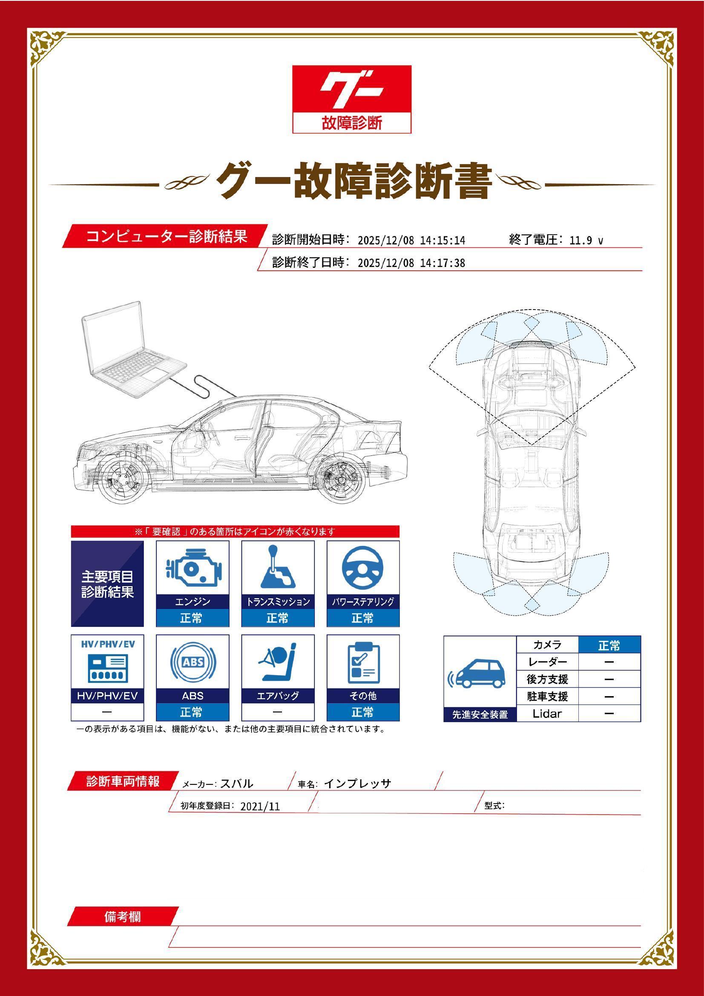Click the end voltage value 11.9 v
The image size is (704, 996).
click(586, 241)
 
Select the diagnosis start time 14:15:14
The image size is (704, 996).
click(443, 241)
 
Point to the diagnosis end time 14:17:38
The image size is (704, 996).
click(443, 263)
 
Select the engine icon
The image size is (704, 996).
click(192, 567)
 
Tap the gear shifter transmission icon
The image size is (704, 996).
click(277, 567)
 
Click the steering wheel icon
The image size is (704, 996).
click(362, 567)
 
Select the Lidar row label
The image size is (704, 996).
click(547, 714)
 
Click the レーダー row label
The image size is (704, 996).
click(547, 662)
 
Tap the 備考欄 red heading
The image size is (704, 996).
click(123, 918)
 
